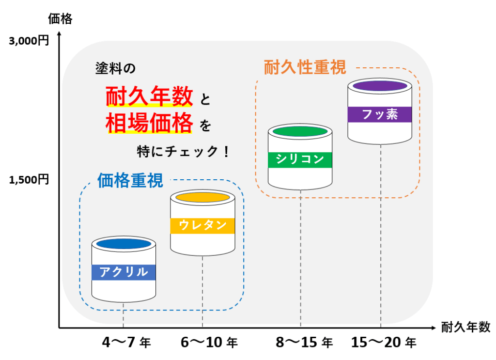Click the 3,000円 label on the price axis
[29, 42]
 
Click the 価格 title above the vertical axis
[60, 19]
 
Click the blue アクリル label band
[124, 272]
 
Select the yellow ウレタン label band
[202, 225]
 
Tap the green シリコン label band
[300, 159]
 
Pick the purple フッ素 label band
[380, 114]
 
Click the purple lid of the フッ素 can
[380, 86]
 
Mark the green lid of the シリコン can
[300, 131]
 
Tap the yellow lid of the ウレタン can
[202, 197]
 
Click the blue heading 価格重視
[130, 181]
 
